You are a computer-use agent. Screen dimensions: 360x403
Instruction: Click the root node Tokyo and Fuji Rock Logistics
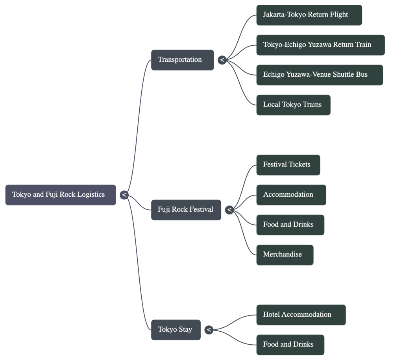tap(60, 195)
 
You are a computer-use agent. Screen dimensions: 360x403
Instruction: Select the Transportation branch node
tap(182, 60)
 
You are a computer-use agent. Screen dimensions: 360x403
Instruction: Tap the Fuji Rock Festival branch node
tap(186, 210)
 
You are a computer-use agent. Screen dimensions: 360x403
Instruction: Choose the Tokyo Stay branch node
tap(176, 330)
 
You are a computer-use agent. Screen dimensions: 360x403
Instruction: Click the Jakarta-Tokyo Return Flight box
tap(309, 15)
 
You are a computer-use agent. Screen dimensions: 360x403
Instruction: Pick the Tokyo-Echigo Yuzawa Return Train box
tap(320, 45)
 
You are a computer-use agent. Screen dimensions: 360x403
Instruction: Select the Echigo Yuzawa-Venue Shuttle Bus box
tap(319, 75)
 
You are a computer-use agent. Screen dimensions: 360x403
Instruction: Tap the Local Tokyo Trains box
tap(293, 105)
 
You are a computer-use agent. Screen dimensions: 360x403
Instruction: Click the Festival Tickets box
tap(288, 165)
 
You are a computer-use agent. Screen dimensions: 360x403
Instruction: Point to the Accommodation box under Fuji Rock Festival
tap(291, 195)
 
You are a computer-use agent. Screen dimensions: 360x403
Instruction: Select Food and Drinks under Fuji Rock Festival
tap(290, 225)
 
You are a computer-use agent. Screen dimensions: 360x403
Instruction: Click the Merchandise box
tap(285, 255)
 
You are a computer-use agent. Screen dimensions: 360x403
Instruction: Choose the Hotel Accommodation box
tap(301, 315)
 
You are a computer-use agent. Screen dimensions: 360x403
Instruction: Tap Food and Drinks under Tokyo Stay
tap(290, 345)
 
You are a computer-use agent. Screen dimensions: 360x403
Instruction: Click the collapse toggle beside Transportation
tap(222, 60)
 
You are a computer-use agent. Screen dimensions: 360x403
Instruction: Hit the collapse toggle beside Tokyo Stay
tap(209, 330)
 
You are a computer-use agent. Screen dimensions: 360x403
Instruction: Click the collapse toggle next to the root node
tap(124, 195)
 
